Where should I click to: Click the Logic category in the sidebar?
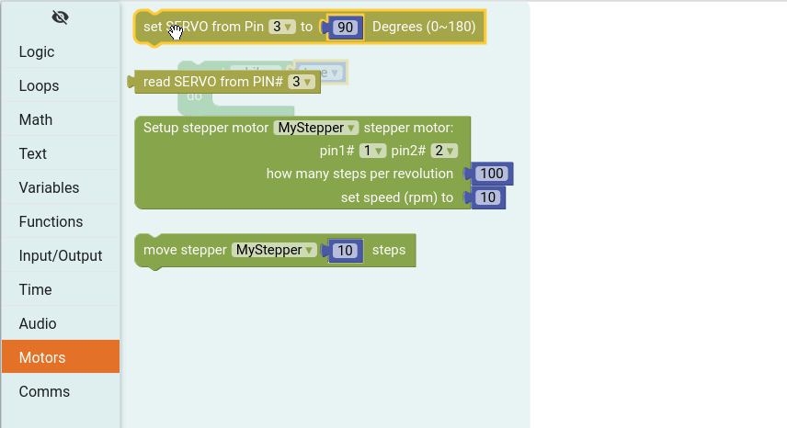click(37, 52)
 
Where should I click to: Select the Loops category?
click(39, 86)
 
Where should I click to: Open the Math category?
click(36, 120)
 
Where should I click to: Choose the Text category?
click(33, 154)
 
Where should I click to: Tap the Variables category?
click(49, 188)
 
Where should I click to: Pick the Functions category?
click(51, 222)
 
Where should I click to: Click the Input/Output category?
click(61, 256)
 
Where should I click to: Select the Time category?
click(35, 290)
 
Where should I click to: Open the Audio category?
click(38, 324)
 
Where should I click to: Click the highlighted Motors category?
click(42, 358)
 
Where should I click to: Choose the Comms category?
click(44, 392)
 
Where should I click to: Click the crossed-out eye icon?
click(61, 17)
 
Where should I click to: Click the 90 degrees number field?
click(346, 28)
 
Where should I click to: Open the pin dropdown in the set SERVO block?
click(281, 28)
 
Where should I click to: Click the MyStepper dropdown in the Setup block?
click(315, 128)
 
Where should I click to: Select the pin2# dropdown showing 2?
click(444, 151)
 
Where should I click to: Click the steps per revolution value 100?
click(492, 174)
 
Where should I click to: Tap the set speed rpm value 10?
click(488, 197)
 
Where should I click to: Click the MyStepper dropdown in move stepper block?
click(274, 250)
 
